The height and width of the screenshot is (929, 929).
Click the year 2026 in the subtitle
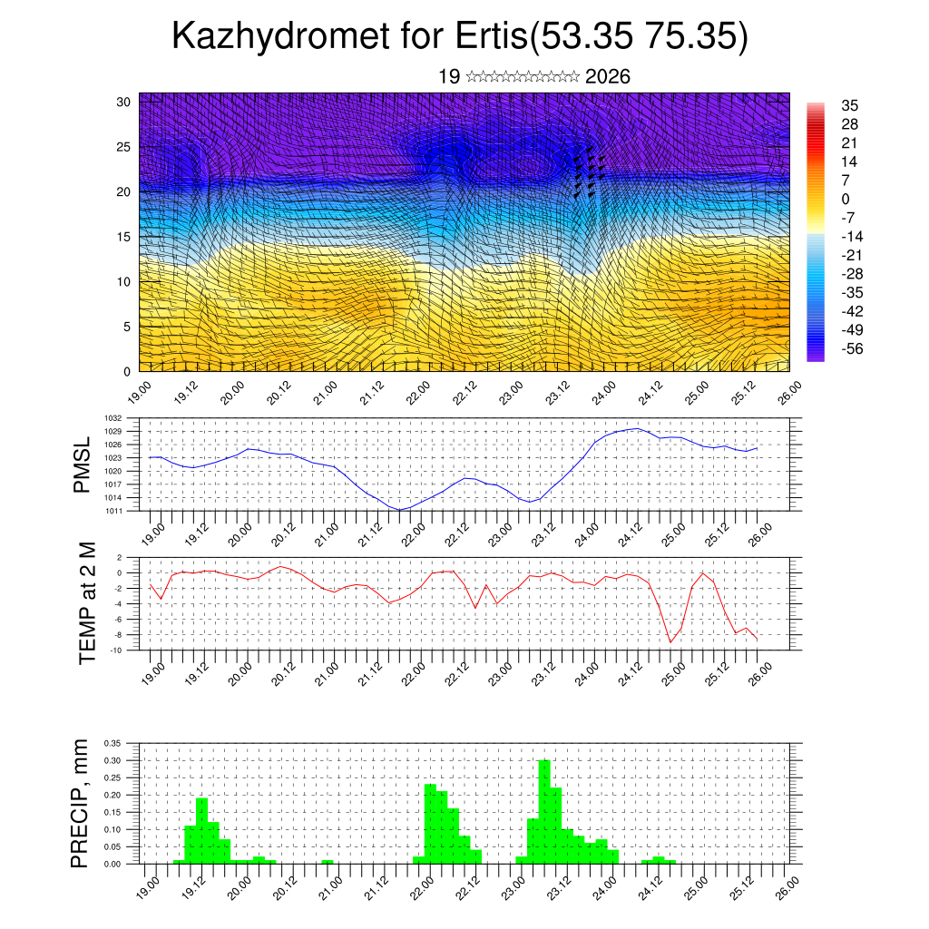click(x=608, y=77)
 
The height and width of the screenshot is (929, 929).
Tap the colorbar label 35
click(x=849, y=105)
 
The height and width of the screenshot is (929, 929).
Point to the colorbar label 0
click(x=846, y=199)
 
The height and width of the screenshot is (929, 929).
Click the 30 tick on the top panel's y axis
click(x=124, y=102)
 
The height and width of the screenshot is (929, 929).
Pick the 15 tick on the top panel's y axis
click(x=124, y=237)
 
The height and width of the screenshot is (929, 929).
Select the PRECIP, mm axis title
click(x=83, y=804)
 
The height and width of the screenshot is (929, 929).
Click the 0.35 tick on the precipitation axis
click(x=112, y=743)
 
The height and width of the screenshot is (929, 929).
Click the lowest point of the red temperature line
click(x=671, y=642)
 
